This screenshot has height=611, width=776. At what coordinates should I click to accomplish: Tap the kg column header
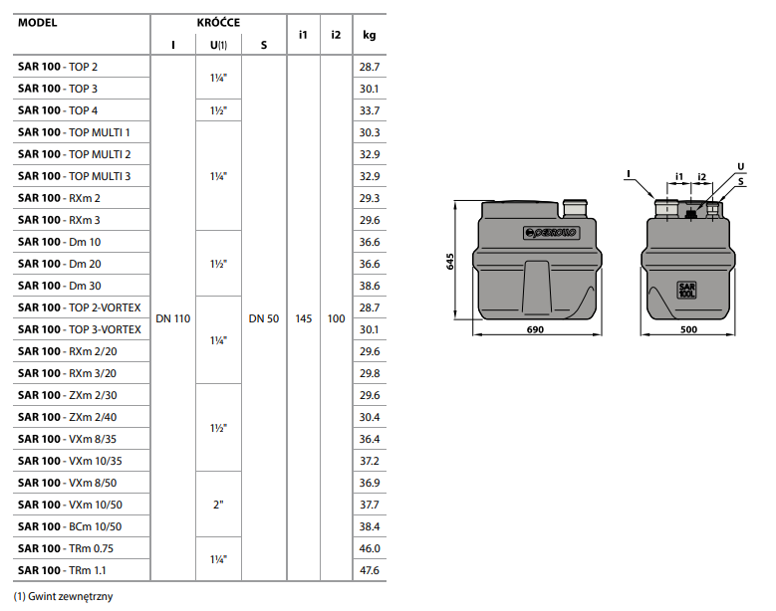[370, 35]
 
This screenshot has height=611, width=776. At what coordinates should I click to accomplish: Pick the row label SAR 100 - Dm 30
[59, 286]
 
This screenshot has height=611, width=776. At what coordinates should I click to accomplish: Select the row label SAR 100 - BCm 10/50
[67, 526]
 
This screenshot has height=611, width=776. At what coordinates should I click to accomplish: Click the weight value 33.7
[370, 110]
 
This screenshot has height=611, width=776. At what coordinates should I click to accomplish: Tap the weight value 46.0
[370, 548]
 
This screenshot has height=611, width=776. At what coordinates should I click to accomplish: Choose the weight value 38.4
[370, 526]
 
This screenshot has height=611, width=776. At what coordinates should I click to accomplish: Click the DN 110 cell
[172, 318]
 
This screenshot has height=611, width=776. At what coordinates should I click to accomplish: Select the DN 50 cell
[263, 318]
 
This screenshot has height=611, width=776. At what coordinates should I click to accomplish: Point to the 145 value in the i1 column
[304, 318]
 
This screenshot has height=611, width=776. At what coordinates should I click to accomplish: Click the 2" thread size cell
[218, 505]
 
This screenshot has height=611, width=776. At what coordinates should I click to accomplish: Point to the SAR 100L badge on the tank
[687, 292]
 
